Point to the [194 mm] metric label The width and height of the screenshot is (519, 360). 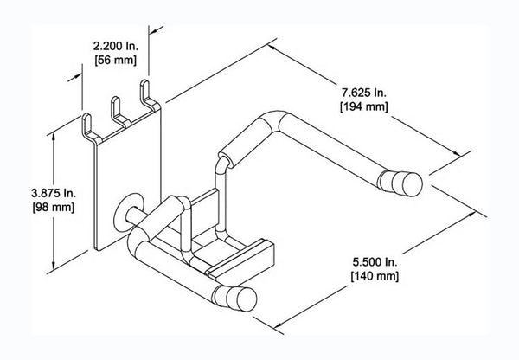tap(362, 106)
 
